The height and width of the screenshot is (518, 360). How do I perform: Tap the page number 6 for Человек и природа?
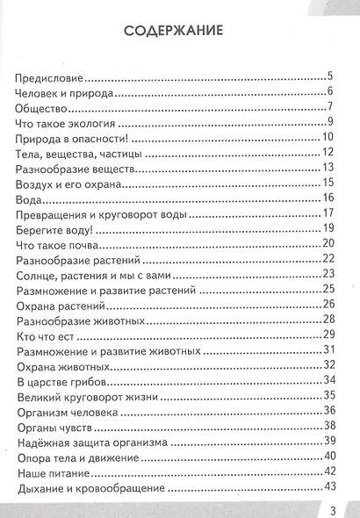tap(328, 92)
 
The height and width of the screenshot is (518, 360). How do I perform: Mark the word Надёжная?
tap(48, 442)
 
